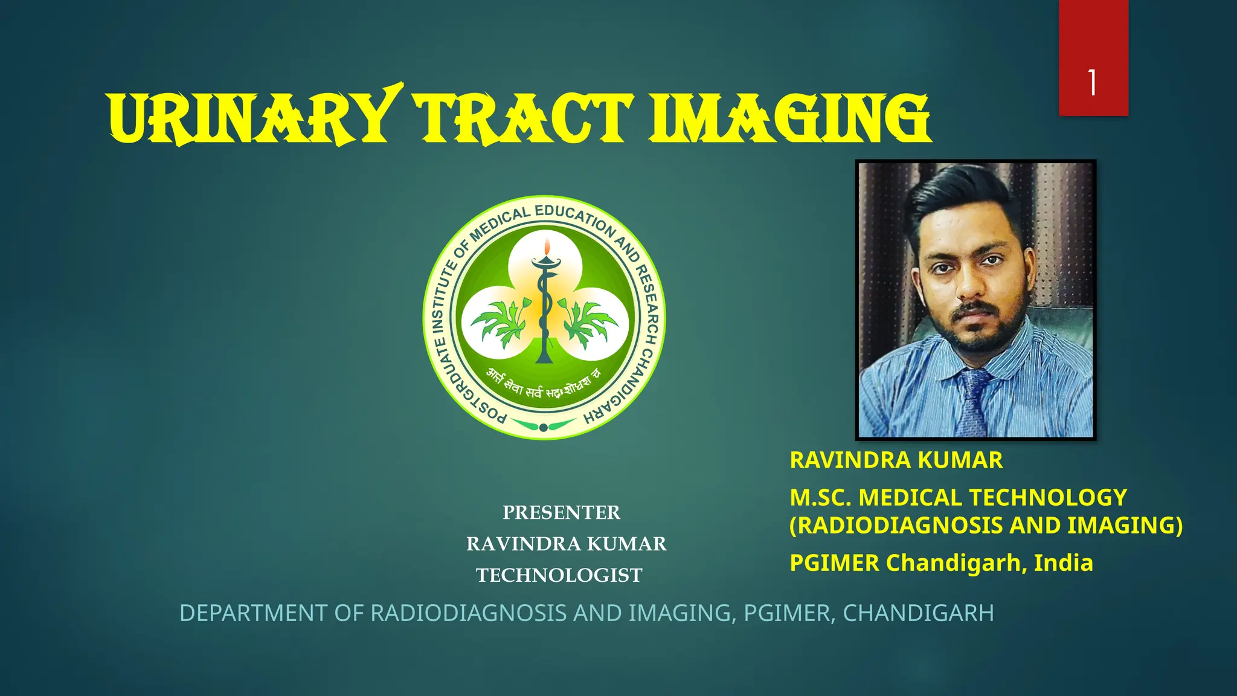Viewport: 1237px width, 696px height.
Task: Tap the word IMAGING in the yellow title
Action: (790, 119)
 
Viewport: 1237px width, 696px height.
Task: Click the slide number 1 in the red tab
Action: (1093, 83)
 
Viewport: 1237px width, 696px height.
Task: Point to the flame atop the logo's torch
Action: (547, 246)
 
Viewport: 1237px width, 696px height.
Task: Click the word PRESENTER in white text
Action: (561, 512)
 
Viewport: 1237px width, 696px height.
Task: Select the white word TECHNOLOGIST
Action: (559, 575)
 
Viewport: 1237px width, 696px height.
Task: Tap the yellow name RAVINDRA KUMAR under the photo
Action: (896, 460)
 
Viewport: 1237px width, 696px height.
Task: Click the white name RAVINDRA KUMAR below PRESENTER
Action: (566, 544)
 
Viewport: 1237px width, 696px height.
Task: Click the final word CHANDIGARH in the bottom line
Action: (918, 613)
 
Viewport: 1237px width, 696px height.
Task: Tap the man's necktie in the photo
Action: (973, 402)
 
